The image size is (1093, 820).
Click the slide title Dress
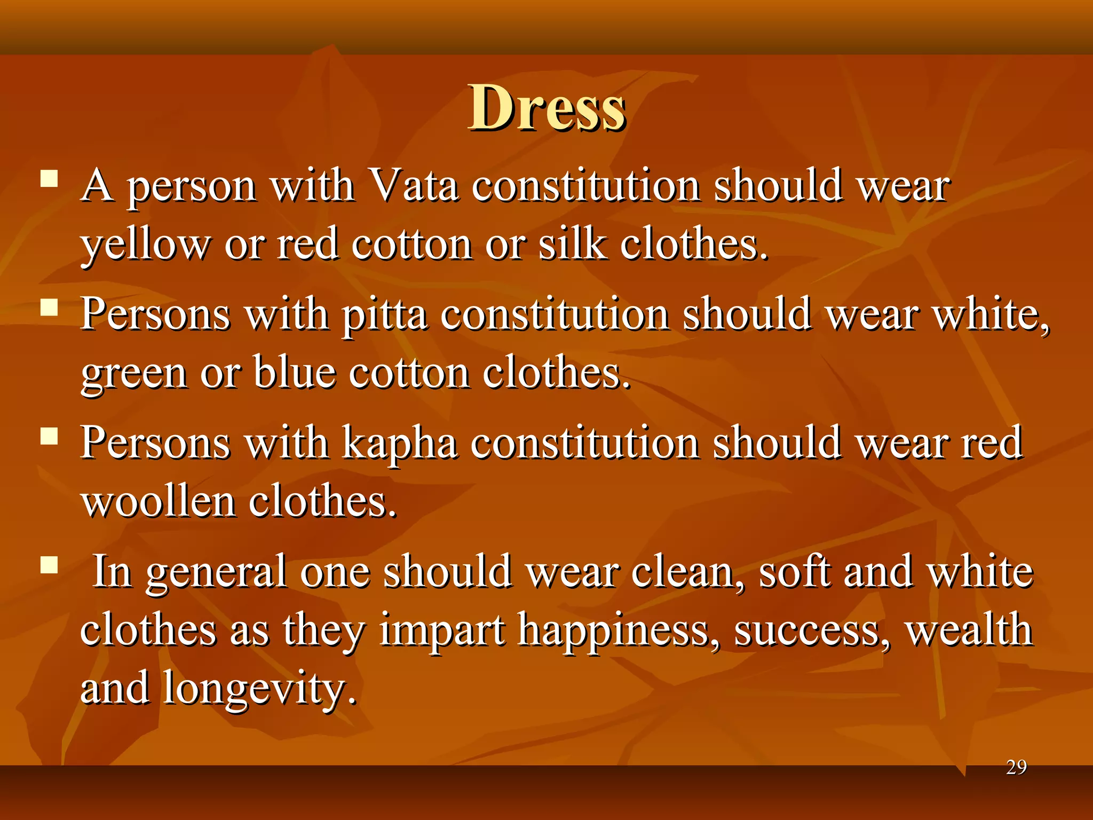[546, 108]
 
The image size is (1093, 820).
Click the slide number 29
[1016, 767]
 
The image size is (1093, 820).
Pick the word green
[134, 374]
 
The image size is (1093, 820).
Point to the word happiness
[619, 631]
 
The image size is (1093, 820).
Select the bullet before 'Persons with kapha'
[49, 436]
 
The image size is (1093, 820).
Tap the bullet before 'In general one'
[49, 564]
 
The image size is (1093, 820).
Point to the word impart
[442, 631]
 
